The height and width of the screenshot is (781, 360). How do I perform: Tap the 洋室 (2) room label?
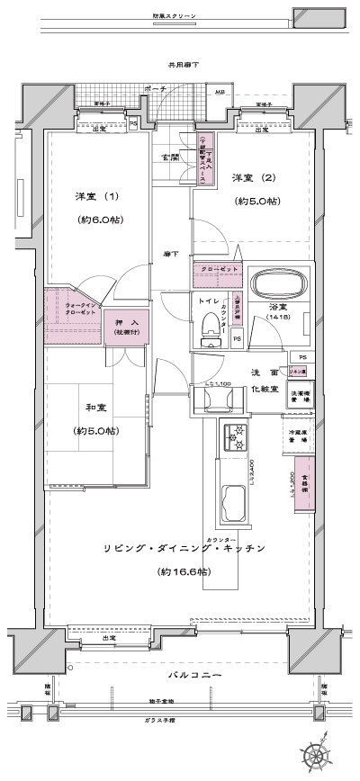(255, 177)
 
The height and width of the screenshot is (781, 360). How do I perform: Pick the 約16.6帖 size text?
(183, 571)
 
